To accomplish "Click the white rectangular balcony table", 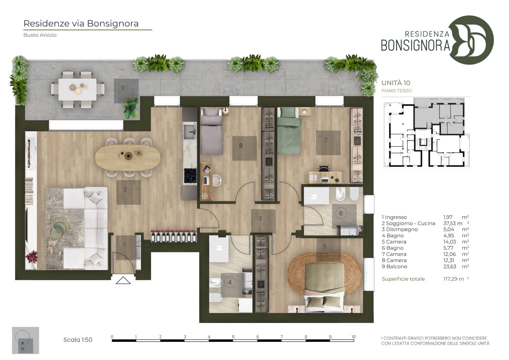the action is (x=77, y=89).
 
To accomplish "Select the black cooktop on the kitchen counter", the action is (x=190, y=175).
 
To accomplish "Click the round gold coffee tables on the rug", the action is (x=60, y=228).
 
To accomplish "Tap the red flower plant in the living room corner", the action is (x=32, y=257).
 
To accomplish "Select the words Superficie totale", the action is (x=403, y=279).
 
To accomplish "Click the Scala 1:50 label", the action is (x=78, y=340).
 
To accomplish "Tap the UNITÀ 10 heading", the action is (x=396, y=83).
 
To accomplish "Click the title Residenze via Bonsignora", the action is (x=81, y=23).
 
